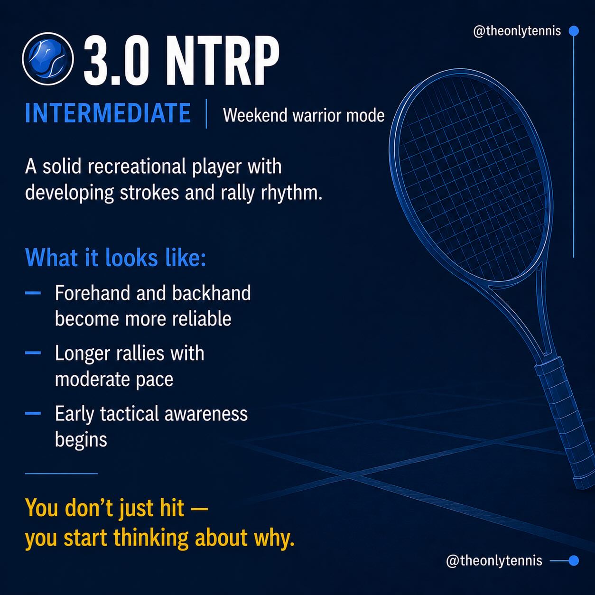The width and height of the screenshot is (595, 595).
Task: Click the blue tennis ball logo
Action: pyautogui.click(x=48, y=59)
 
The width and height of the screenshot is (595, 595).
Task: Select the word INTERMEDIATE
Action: pyautogui.click(x=108, y=113)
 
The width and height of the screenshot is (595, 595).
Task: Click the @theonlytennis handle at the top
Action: pyautogui.click(x=517, y=31)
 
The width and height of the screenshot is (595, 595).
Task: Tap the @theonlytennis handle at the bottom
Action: pyautogui.click(x=494, y=560)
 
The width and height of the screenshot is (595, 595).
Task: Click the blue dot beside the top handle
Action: pyautogui.click(x=574, y=31)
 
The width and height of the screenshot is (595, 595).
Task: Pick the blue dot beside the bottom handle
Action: pyautogui.click(x=574, y=560)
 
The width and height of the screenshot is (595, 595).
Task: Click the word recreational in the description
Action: pyautogui.click(x=137, y=167)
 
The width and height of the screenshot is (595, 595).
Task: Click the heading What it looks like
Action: pyautogui.click(x=115, y=257)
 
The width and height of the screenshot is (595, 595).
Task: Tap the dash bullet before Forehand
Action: pyautogui.click(x=33, y=293)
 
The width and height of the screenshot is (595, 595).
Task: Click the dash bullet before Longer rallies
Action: pyautogui.click(x=33, y=353)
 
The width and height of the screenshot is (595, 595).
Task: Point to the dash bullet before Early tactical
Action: pyautogui.click(x=33, y=413)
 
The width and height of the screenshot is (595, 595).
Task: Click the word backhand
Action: pyautogui.click(x=212, y=293)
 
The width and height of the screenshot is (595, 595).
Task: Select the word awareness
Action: pyautogui.click(x=206, y=414)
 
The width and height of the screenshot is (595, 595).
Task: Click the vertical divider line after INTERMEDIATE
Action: pyautogui.click(x=206, y=113)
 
